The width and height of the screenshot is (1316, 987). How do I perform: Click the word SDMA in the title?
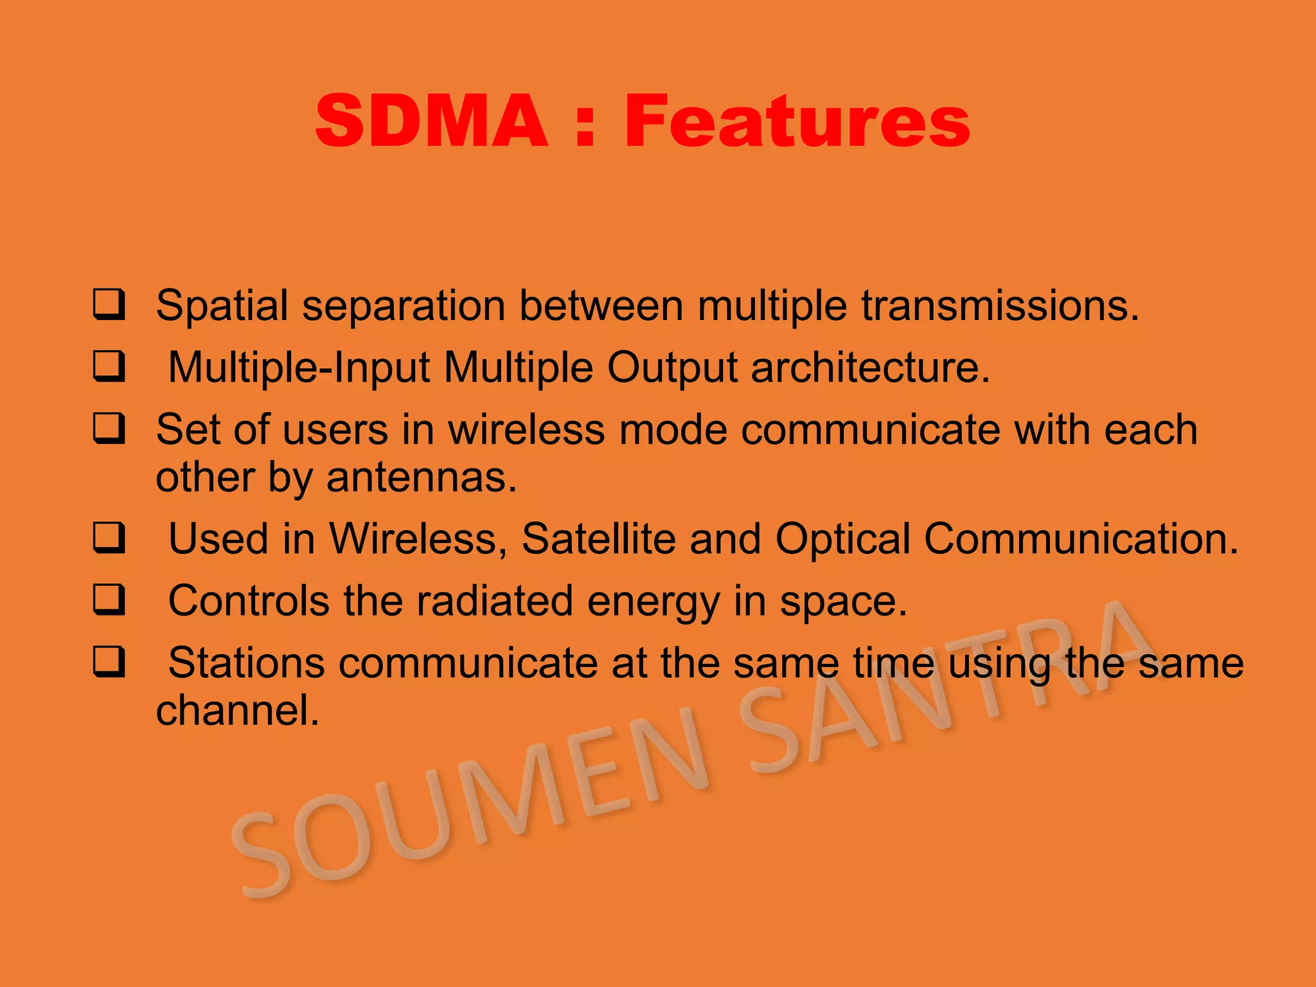tap(432, 121)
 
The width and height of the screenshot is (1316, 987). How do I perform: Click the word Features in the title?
tap(797, 121)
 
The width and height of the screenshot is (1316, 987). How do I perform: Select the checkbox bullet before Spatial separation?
tap(109, 305)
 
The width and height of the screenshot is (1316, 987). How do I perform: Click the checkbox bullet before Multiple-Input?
tap(109, 367)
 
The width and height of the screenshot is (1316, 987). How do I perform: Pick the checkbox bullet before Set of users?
tap(109, 429)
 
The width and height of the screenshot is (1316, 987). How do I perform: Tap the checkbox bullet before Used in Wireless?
tap(109, 538)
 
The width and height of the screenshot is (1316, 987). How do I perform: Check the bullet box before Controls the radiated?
tap(109, 600)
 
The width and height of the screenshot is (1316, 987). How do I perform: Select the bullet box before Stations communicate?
tap(109, 662)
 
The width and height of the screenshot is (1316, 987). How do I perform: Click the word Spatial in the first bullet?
tap(222, 306)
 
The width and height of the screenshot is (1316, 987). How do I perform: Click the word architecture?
tap(870, 368)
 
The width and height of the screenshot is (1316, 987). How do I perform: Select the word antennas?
tap(421, 477)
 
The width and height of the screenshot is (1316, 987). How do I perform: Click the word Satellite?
tap(598, 538)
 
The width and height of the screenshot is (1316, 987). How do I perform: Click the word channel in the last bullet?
tap(237, 710)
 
